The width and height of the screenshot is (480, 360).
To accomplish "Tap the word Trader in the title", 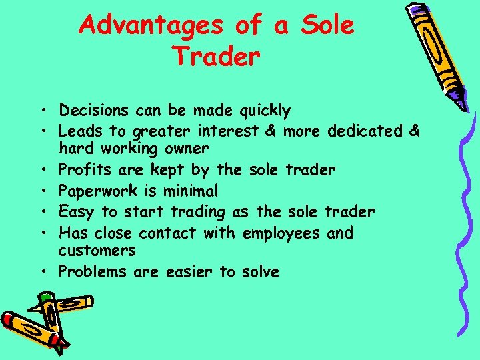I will coord(215,57).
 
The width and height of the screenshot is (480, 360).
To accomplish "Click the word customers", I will coord(97,251).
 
